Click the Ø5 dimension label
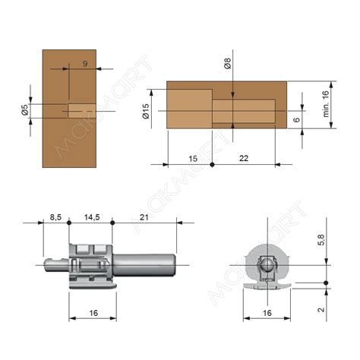pos(25,109)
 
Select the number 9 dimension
pos(85,64)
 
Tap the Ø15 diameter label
pos(146,112)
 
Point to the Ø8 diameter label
pos(227,63)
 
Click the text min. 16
pos(326,104)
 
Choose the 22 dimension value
pos(244,158)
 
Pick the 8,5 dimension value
pos(55,217)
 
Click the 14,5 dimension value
pos(92,217)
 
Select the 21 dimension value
pos(144,217)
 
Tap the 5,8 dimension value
pos(321,240)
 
